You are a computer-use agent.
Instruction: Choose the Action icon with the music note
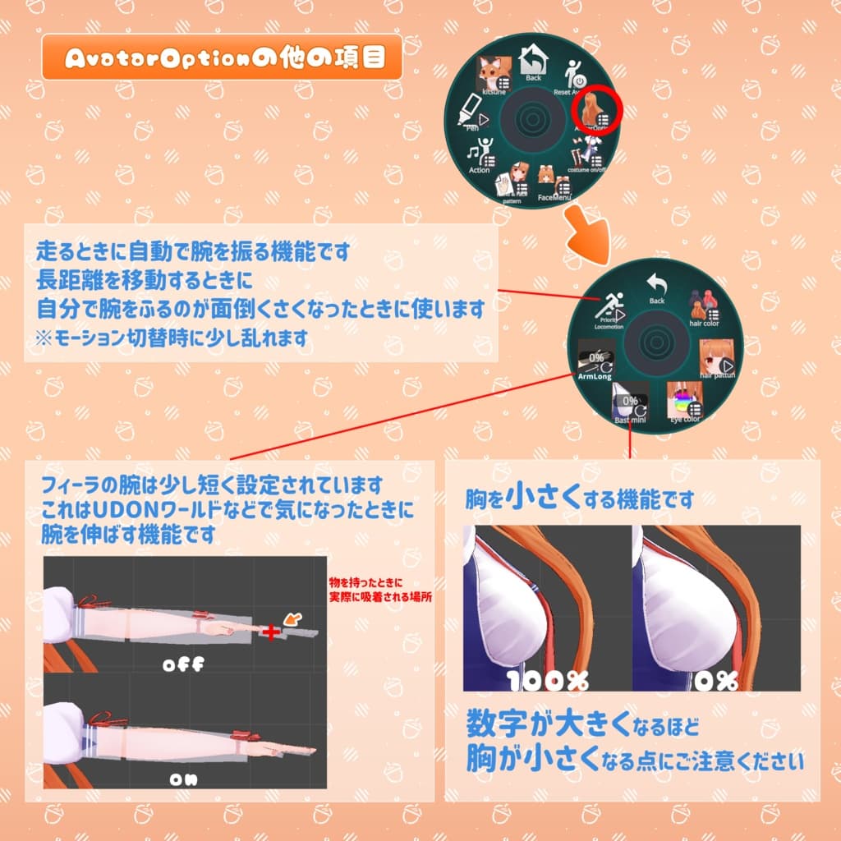480,154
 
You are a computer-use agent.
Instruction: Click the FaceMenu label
554,197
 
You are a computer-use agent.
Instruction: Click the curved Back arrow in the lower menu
656,285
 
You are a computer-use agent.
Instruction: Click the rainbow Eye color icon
683,400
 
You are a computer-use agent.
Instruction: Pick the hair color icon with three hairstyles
703,306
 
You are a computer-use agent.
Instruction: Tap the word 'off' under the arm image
182,665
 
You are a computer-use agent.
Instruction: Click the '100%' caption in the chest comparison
548,681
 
